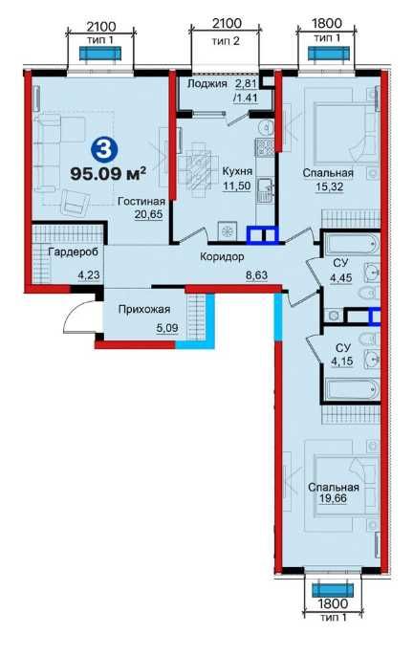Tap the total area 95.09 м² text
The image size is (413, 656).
click(107, 173)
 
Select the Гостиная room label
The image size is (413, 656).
click(141, 201)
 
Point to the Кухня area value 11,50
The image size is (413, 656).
click(236, 186)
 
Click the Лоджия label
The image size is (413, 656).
click(207, 83)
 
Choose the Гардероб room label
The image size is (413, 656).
click(74, 251)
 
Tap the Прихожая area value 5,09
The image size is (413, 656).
click(167, 328)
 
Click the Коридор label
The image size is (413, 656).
click(222, 256)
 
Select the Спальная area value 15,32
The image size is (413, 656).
click(329, 186)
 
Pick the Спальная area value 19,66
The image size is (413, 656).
click(333, 499)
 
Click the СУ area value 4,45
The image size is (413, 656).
click(339, 278)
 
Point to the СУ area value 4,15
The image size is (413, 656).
click(341, 361)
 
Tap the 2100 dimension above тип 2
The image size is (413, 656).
click(227, 23)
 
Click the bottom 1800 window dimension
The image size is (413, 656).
click(333, 603)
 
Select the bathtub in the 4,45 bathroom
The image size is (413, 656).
click(352, 244)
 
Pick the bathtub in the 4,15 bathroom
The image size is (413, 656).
click(353, 389)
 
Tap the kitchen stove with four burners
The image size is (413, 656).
click(265, 146)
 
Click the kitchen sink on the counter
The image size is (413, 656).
click(265, 190)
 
